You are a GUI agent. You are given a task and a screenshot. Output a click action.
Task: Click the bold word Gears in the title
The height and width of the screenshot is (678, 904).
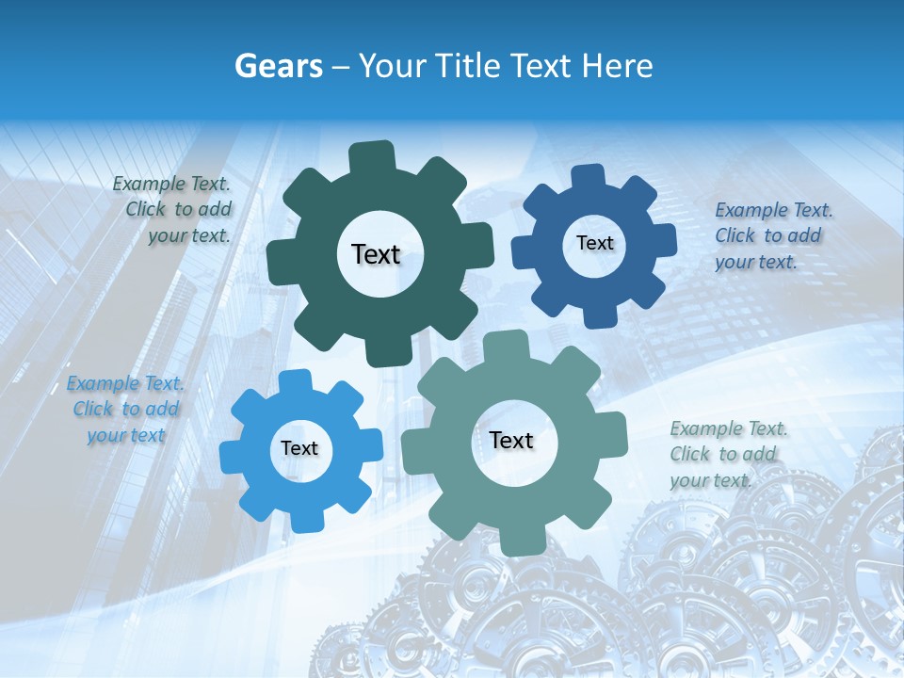279,66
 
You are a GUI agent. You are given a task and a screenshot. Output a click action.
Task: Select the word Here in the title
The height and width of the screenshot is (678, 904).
618,66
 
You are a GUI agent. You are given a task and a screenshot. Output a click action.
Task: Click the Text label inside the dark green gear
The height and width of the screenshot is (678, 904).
376,254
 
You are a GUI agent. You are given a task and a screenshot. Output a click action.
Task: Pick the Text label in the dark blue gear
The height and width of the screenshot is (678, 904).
594,243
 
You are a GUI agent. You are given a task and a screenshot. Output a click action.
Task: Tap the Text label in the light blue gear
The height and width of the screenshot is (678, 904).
299,448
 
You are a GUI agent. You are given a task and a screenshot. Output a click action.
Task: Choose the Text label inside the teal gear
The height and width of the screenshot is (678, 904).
511,440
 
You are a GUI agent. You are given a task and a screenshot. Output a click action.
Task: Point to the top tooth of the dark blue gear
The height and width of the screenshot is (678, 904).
589,175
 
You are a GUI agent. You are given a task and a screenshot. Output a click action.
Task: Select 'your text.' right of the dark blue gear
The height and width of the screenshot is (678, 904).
755,262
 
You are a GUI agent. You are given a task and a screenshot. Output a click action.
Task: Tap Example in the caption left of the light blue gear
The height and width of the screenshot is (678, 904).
103,384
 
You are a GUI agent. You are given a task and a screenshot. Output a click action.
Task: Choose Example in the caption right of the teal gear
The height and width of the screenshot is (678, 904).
706,429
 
